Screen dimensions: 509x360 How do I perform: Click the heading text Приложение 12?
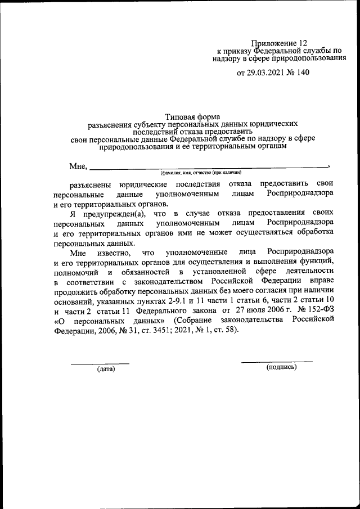(x=279, y=43)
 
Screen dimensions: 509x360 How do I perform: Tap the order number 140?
(x=301, y=73)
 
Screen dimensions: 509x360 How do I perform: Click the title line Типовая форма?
(x=192, y=115)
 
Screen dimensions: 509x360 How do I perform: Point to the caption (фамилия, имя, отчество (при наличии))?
(x=200, y=173)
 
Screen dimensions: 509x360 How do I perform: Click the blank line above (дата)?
(x=100, y=363)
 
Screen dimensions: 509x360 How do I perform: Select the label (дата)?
(x=105, y=369)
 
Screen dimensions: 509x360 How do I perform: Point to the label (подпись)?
(x=281, y=367)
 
